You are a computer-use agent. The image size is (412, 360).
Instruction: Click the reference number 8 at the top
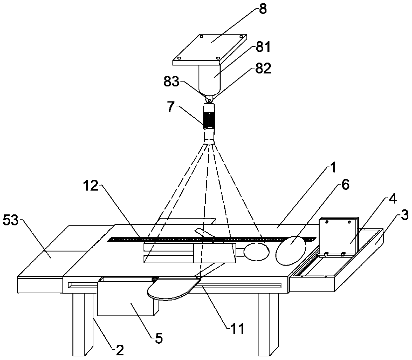coord(262,9)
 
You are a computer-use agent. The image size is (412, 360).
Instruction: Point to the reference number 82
coord(263,68)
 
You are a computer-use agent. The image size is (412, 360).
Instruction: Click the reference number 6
coord(345,185)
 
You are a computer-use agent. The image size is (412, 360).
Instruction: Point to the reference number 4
coord(393,200)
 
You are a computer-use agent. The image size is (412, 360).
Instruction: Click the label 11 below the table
coord(238,328)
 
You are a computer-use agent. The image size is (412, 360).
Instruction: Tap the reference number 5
coord(159,338)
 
